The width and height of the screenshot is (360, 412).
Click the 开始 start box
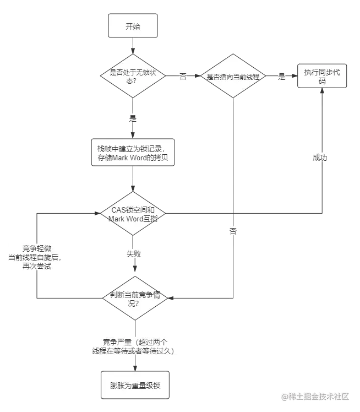pyautogui.click(x=133, y=26)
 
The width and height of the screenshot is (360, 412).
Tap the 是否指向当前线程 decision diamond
pyautogui.click(x=233, y=76)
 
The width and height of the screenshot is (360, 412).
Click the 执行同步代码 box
pyautogui.click(x=322, y=76)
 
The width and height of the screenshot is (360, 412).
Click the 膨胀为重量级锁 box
pyautogui.click(x=133, y=384)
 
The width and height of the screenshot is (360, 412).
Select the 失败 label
pyautogui.click(x=133, y=254)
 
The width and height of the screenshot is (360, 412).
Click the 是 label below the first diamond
pyautogui.click(x=132, y=118)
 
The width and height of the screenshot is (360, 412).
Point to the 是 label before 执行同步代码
pyautogui.click(x=282, y=77)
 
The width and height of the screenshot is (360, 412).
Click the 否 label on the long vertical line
pyautogui.click(x=233, y=232)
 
